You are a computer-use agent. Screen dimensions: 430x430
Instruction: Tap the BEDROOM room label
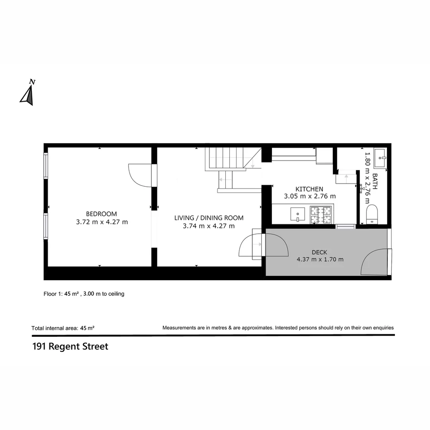pyautogui.click(x=102, y=214)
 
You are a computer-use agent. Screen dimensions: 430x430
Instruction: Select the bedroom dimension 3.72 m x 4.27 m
pyautogui.click(x=102, y=222)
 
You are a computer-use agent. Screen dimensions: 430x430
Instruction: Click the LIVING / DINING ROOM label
pyautogui.click(x=209, y=218)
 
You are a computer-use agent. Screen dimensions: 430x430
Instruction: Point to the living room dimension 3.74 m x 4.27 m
pyautogui.click(x=209, y=226)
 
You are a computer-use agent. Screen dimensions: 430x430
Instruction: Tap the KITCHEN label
pyautogui.click(x=309, y=189)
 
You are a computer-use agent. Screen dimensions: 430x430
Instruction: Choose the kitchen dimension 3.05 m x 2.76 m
pyautogui.click(x=310, y=196)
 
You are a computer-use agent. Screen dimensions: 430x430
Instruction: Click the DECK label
pyautogui.click(x=319, y=252)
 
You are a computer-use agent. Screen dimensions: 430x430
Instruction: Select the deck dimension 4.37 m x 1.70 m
pyautogui.click(x=320, y=260)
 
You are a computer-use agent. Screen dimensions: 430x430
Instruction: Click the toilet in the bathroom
pyautogui.click(x=371, y=214)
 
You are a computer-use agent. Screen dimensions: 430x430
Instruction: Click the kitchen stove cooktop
pyautogui.click(x=321, y=215)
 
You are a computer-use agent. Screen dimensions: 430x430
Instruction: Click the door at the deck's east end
pyautogui.click(x=375, y=262)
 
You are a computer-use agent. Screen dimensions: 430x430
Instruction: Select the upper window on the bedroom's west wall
pyautogui.click(x=46, y=166)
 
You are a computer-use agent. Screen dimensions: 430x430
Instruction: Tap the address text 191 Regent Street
pyautogui.click(x=70, y=346)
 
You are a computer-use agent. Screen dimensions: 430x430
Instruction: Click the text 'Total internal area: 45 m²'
pyautogui.click(x=63, y=328)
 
